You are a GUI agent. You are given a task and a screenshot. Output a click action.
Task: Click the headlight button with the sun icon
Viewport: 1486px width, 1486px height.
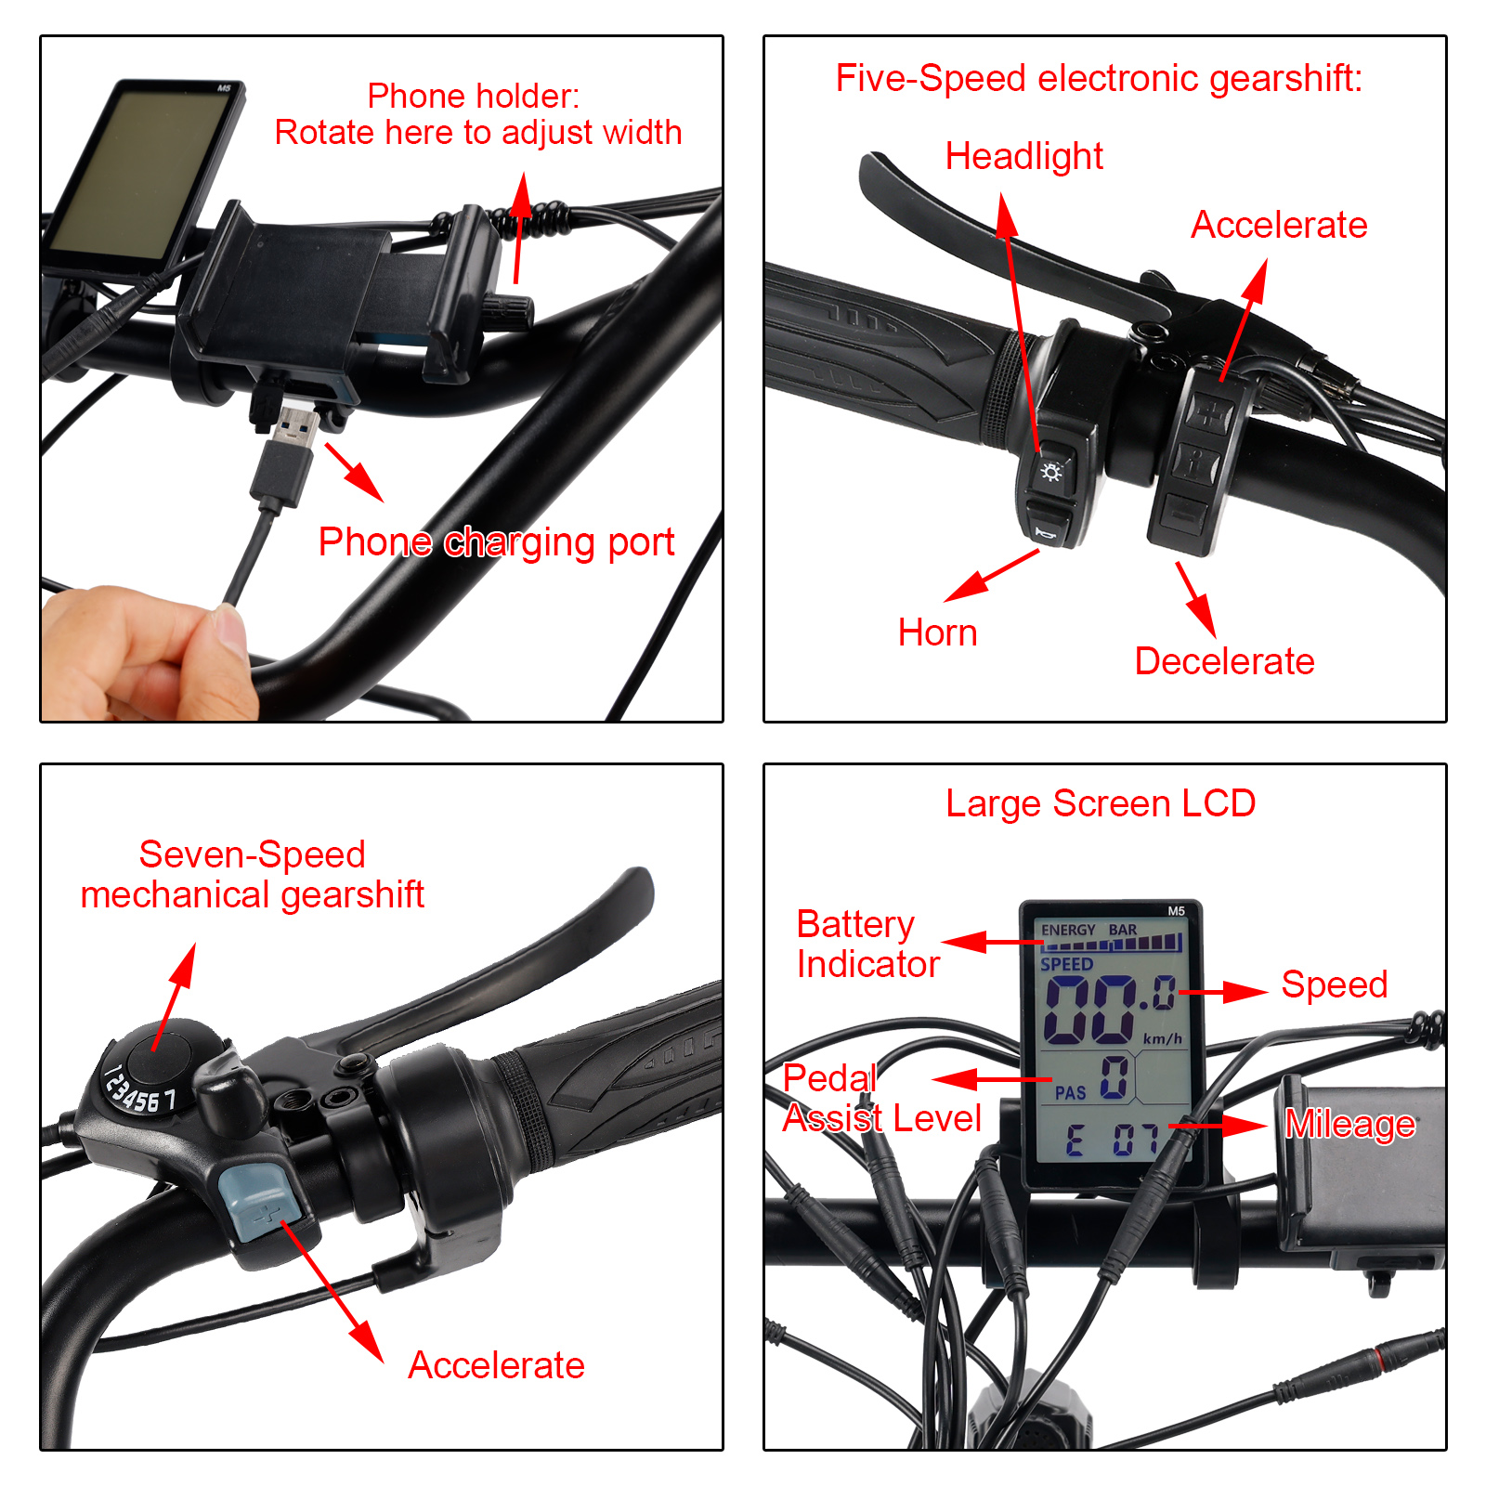point(1052,472)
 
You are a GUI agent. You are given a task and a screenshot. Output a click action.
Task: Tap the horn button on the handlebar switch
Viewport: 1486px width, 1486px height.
point(1049,525)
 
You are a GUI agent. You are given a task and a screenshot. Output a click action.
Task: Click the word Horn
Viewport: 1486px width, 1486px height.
point(937,632)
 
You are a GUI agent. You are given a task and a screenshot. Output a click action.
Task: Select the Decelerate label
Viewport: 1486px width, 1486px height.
point(1224,661)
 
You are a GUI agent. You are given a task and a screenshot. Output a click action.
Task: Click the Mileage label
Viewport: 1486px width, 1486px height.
point(1350,1124)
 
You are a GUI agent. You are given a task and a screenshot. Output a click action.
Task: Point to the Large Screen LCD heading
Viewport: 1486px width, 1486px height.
point(1101,803)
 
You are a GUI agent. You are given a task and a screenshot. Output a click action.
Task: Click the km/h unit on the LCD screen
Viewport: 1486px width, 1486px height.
point(1162,1038)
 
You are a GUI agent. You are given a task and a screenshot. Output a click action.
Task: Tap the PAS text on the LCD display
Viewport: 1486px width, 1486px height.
point(1070,1093)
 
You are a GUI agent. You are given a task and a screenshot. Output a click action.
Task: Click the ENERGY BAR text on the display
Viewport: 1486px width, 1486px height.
point(1088,930)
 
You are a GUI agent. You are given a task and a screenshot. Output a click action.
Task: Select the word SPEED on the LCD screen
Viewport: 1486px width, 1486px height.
point(1066,965)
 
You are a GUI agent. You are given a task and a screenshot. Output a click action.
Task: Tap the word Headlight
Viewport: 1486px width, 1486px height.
point(1023,157)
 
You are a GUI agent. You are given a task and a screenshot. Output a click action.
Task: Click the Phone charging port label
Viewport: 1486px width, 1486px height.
point(496,542)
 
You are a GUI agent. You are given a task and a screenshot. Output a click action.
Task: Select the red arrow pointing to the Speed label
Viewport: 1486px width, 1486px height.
point(1222,992)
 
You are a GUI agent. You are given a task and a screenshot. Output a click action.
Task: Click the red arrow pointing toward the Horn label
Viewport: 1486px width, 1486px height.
point(991,576)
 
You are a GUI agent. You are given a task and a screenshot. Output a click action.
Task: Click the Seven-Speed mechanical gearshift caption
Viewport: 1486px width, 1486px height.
point(252,875)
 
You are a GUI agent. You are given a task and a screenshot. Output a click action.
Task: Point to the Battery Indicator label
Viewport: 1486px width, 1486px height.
point(867,945)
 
